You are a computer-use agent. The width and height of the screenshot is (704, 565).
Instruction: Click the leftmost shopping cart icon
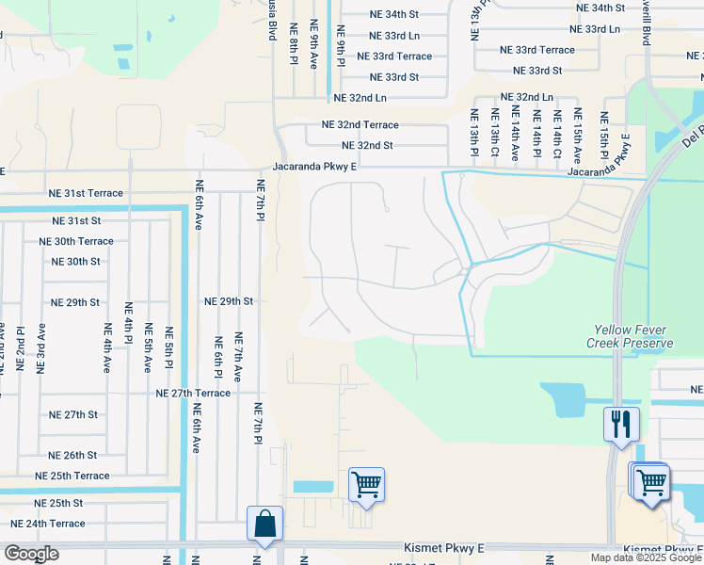365,485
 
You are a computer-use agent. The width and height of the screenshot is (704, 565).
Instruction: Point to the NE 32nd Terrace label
360,124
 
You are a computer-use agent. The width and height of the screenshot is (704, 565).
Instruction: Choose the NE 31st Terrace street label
86,193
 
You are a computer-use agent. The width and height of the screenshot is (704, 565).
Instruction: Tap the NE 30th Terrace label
76,241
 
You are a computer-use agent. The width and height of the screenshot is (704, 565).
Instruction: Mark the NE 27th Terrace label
193,393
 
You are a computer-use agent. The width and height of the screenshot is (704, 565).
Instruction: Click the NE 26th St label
73,455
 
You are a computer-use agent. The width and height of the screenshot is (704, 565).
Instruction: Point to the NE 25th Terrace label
73,476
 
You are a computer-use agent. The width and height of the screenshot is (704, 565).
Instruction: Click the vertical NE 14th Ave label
515,135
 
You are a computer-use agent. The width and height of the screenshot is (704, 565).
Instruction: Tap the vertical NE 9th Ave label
314,47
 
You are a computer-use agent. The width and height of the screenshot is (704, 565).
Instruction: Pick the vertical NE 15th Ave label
577,135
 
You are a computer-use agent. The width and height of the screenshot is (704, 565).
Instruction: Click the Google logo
31,554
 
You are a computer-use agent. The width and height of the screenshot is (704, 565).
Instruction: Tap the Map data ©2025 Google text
646,557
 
